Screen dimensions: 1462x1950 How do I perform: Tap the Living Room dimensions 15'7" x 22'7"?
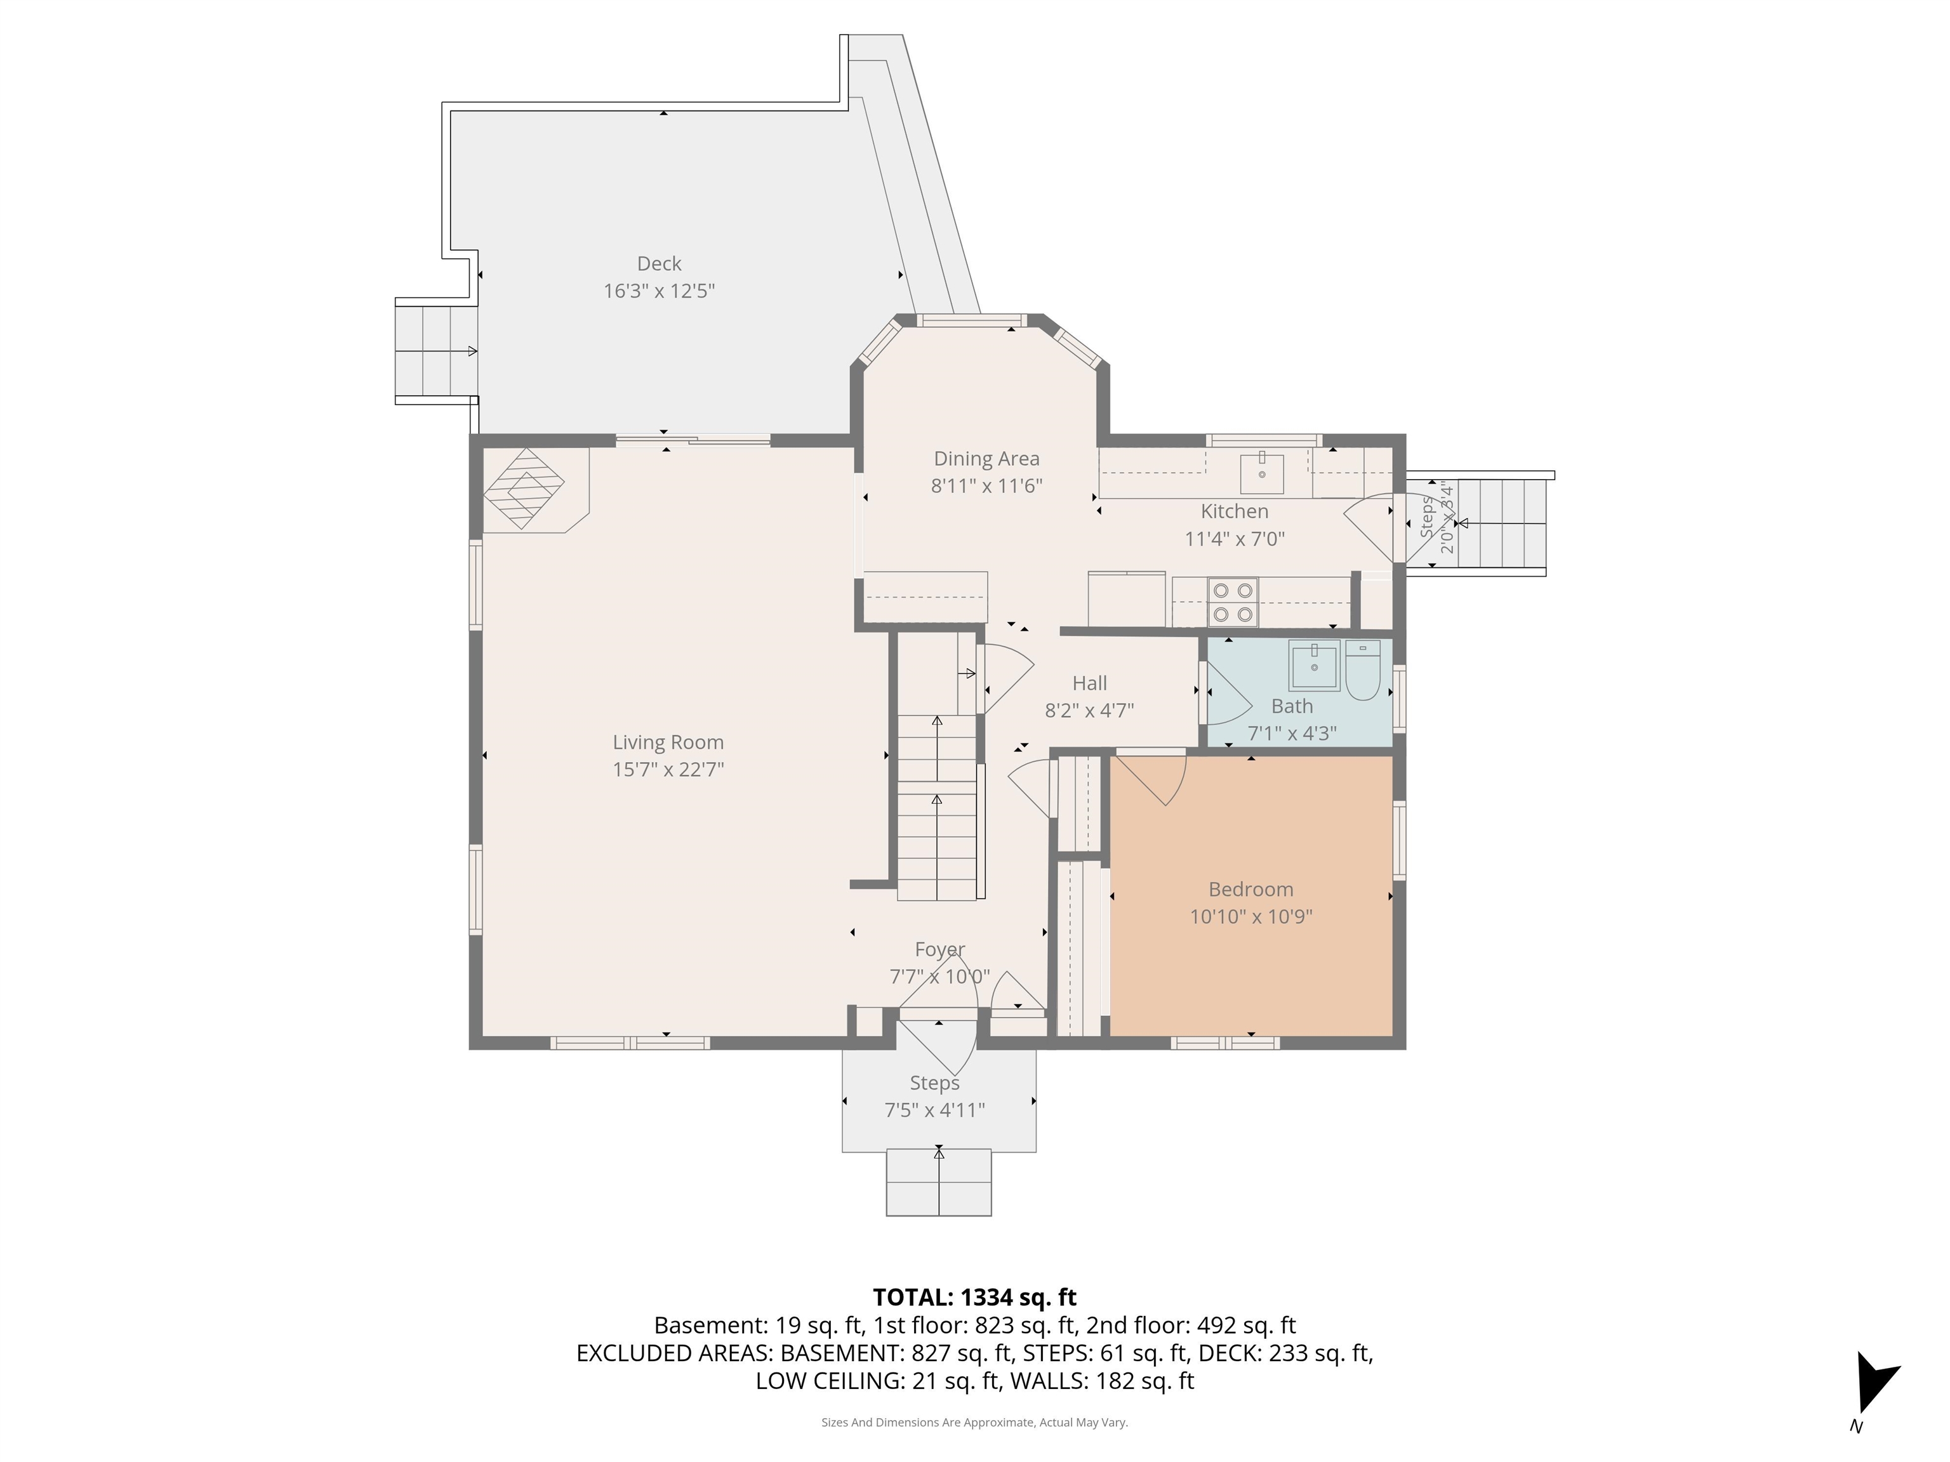coord(668,769)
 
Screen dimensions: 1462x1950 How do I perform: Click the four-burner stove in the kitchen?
coord(1233,602)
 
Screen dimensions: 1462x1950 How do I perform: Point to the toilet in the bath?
coord(1362,671)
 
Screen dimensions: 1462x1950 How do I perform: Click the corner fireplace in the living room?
coord(524,489)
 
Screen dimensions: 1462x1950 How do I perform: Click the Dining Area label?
coord(986,458)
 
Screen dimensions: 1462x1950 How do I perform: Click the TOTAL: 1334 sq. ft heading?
coord(974,1297)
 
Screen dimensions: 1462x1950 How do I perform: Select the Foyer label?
coord(939,949)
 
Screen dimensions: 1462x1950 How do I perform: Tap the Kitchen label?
coord(1234,511)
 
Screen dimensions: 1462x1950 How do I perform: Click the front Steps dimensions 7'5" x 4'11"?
coord(934,1109)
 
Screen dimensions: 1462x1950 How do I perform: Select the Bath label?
coord(1292,706)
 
